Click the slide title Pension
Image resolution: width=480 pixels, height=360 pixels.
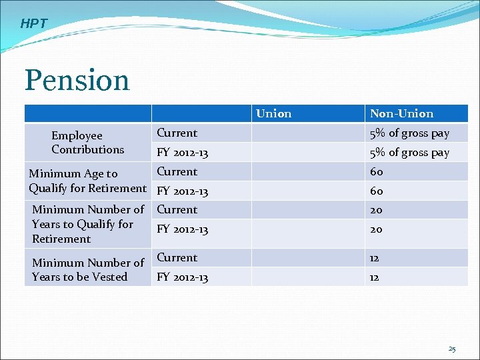point(77,81)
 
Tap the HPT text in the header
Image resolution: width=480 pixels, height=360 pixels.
point(34,24)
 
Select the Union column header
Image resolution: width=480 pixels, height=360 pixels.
point(273,113)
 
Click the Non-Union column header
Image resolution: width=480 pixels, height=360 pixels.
point(401,114)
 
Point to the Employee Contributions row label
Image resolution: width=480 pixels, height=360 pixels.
point(87,143)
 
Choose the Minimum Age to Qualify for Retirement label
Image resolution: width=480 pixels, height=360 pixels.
point(87,181)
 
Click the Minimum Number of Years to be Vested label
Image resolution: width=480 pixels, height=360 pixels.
point(87,269)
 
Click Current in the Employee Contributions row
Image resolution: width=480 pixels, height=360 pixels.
point(177,133)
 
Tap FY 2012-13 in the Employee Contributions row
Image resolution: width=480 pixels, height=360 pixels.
point(182,153)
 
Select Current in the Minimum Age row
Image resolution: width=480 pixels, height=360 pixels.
point(177,171)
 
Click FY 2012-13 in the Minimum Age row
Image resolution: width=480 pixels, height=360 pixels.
point(182,191)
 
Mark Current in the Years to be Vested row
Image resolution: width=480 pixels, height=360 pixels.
point(177,257)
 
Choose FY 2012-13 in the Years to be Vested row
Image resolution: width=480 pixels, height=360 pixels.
point(182,277)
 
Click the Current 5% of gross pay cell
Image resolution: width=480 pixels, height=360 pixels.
point(409,133)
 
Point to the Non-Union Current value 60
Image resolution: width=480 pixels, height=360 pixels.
point(377,172)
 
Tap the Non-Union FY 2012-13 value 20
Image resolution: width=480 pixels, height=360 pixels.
point(377,229)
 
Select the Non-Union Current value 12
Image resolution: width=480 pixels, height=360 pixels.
point(375,258)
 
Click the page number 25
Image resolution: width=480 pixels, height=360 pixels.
point(452,349)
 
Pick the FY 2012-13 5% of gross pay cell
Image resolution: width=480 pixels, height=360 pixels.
point(409,153)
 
